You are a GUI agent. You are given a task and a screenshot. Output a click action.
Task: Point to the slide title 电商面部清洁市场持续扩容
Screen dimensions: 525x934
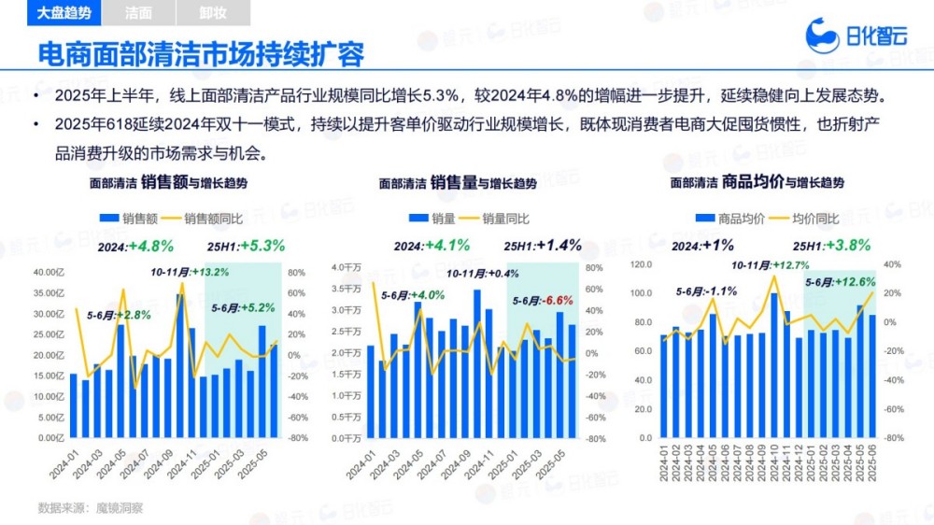[200, 53]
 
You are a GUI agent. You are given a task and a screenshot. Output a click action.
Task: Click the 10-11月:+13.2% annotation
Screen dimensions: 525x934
[190, 272]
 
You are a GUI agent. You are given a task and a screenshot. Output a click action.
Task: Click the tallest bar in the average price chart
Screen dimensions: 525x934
[774, 365]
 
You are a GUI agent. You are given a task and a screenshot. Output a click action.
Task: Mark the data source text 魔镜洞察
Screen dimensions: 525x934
[123, 508]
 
